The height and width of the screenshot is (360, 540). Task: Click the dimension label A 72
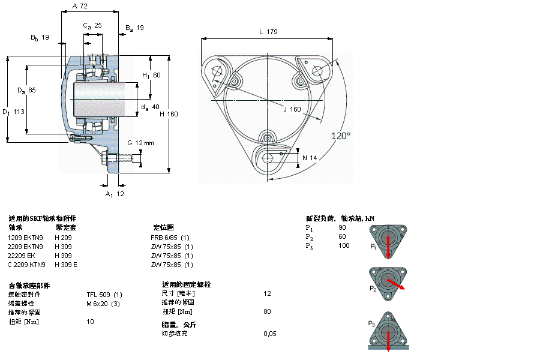(80, 6)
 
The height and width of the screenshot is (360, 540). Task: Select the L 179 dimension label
(268, 32)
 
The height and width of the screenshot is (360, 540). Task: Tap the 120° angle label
(340, 136)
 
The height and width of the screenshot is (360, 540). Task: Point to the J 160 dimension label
(292, 109)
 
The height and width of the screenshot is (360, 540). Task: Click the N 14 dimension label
(310, 157)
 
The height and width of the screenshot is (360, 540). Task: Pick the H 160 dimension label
(169, 114)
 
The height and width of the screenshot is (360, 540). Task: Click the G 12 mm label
(141, 143)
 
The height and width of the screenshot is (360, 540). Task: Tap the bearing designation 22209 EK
(21, 255)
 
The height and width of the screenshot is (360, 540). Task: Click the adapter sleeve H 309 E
(66, 265)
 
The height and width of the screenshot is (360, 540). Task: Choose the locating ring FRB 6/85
(164, 237)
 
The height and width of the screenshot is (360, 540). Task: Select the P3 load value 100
(344, 245)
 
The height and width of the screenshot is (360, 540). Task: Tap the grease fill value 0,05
(269, 333)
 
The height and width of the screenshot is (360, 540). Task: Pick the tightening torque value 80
(267, 311)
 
